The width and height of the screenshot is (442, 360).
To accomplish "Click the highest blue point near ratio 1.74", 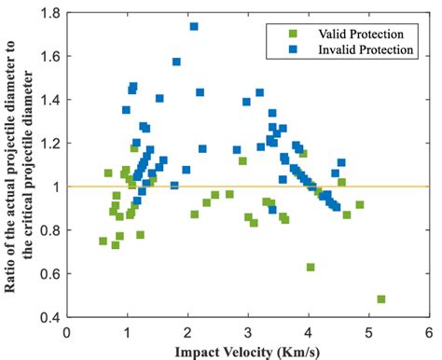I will point(194,27).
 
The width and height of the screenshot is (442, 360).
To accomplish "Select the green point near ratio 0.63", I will point(311,267).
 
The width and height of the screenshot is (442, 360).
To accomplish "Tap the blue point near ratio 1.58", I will point(176,62).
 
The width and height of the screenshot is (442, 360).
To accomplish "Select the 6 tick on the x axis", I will point(428,330).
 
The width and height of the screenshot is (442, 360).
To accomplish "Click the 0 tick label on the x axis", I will point(66,330).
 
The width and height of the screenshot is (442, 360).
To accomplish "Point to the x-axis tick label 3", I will point(247,330).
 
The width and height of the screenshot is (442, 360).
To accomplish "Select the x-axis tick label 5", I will point(367,330).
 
